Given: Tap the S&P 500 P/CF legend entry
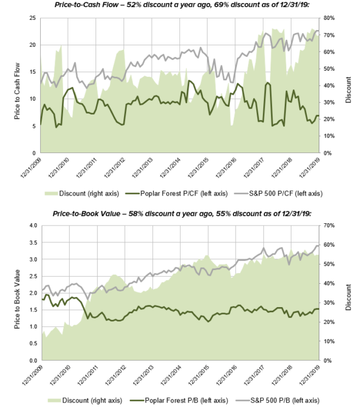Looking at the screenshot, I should click(x=284, y=193).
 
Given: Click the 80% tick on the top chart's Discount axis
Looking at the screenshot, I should click(x=333, y=18).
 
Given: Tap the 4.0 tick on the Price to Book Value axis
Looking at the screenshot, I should click(x=33, y=226).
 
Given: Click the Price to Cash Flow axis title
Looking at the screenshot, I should click(x=17, y=86).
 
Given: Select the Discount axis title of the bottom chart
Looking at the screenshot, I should click(x=349, y=293).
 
